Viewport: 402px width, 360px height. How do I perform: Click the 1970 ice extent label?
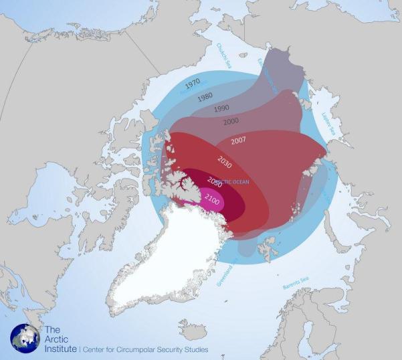pos(193,84)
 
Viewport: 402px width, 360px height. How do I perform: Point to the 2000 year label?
pos(232,122)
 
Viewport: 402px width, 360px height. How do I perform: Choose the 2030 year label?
pos(225,161)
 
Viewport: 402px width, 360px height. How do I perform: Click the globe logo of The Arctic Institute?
pos(25,338)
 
